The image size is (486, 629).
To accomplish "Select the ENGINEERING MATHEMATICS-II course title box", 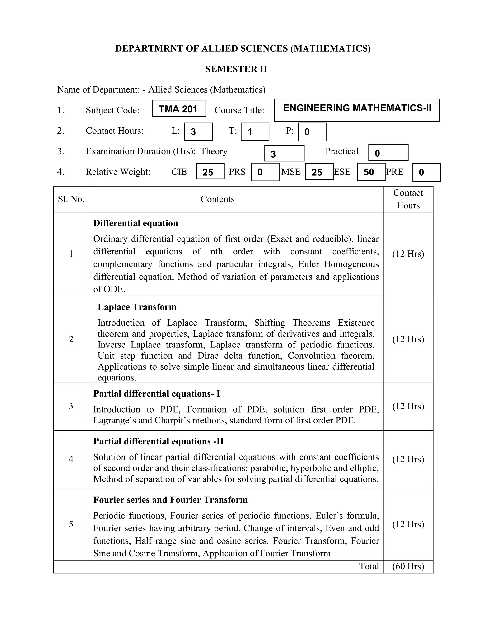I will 357,110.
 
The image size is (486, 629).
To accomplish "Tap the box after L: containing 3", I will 198,132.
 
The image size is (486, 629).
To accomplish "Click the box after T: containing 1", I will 255,132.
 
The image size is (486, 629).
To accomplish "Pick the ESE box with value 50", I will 371,172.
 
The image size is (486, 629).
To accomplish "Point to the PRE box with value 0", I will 426,172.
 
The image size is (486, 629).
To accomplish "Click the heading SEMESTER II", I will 236,69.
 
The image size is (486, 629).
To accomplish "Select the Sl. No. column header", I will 71,199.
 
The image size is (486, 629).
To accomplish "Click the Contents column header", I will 217,199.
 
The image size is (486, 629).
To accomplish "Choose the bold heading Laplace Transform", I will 137,307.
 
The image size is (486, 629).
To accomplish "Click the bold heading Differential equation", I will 136,223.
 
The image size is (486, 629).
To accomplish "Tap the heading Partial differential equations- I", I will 157,394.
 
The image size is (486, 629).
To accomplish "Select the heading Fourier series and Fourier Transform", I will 170,500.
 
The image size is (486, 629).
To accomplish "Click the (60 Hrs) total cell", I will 408,567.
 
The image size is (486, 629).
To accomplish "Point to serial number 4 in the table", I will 71,459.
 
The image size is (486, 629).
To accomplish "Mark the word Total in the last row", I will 369,567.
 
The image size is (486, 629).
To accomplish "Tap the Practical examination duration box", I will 388,153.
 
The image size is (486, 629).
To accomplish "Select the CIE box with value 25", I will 210,172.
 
